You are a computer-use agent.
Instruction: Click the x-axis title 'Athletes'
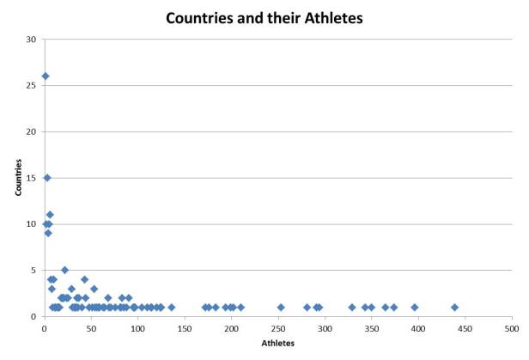tap(277, 343)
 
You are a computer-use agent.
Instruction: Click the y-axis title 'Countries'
tap(19, 178)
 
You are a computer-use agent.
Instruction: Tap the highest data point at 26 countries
tap(46, 76)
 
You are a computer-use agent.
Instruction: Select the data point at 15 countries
tap(47, 178)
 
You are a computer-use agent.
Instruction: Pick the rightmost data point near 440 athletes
tap(454, 307)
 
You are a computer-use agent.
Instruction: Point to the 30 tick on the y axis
tap(33, 40)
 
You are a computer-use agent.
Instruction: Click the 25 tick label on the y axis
tap(33, 86)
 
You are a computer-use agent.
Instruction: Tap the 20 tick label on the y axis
tap(33, 131)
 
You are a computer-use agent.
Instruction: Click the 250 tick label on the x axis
tap(277, 327)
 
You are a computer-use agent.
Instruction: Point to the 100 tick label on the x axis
tap(137, 327)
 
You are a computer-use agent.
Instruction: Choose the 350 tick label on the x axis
tap(371, 327)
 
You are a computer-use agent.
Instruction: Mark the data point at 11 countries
tap(50, 215)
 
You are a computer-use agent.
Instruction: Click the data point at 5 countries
tap(64, 270)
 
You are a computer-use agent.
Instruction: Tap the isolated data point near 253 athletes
tap(281, 307)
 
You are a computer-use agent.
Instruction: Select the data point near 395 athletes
tap(414, 307)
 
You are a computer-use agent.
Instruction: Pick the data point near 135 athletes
tap(171, 307)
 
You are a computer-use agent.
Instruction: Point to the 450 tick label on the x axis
tap(465, 327)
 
